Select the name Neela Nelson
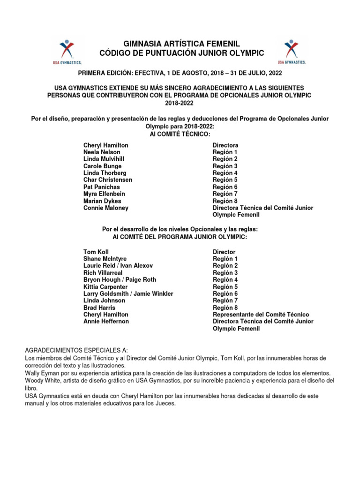click(x=102, y=152)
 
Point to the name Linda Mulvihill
click(x=104, y=159)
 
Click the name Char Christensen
click(x=108, y=180)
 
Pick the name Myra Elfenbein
click(x=104, y=194)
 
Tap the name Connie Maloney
click(x=106, y=208)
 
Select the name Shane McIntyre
click(x=105, y=259)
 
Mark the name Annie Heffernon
click(x=106, y=322)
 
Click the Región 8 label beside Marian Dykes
click(x=225, y=201)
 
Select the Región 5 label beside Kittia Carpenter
click(x=225, y=287)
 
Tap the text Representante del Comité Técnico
click(x=261, y=315)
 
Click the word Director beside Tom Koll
click(x=224, y=252)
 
